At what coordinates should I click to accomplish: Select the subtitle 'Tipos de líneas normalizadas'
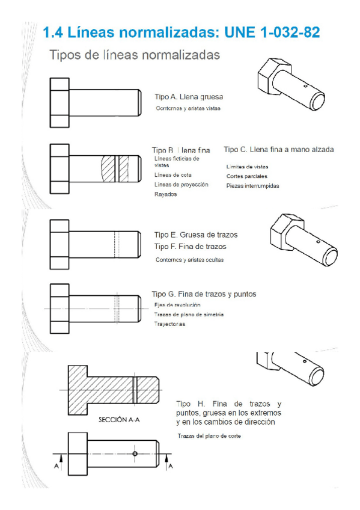coord(134,55)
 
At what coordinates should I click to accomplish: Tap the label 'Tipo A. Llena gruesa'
coord(190,96)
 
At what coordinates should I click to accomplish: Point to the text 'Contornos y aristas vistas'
coord(188,109)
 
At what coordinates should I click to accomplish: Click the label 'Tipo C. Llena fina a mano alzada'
coord(278,149)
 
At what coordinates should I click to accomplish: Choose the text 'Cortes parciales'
coord(246,176)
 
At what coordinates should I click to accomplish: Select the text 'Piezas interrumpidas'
coord(252,186)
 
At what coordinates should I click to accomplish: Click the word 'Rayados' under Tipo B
coord(165,194)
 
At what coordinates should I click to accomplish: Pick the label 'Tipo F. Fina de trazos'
coord(191,247)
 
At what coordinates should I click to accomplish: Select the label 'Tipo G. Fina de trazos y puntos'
coord(204,294)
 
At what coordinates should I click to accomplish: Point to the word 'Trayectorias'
coord(170,324)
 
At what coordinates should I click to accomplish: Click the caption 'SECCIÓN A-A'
coord(120,420)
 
